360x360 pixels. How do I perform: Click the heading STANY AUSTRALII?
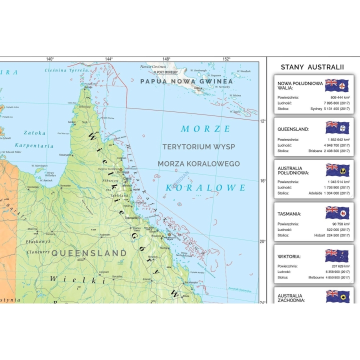(x=312, y=67)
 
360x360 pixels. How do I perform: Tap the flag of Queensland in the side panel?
(x=337, y=127)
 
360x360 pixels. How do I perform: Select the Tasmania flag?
(x=337, y=212)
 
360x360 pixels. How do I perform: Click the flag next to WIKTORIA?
(x=337, y=255)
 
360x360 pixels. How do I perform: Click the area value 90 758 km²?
(x=340, y=224)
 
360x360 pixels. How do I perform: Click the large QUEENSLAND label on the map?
(x=89, y=253)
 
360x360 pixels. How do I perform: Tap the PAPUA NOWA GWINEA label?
(x=186, y=81)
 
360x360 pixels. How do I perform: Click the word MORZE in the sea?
(x=206, y=129)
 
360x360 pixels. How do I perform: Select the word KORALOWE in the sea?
(x=205, y=188)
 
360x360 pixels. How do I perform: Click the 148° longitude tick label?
(x=166, y=59)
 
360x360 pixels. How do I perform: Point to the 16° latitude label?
(x=263, y=181)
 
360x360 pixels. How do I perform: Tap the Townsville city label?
(x=131, y=218)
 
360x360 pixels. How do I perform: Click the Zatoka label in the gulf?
(x=34, y=133)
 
